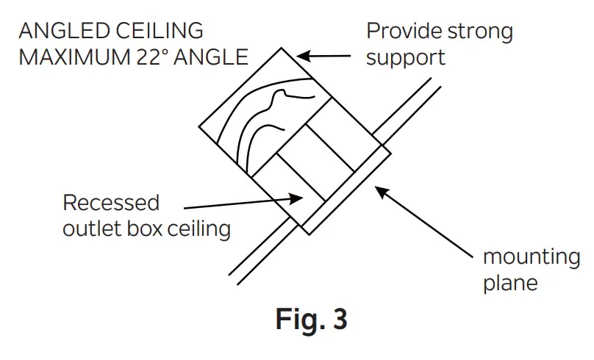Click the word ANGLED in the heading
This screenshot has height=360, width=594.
59,32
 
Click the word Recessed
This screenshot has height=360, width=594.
111,203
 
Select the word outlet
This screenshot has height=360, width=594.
90,228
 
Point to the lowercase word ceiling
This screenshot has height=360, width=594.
198,228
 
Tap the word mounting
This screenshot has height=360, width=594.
531,258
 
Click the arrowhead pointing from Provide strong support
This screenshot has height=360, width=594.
301,55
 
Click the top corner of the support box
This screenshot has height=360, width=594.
280,48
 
